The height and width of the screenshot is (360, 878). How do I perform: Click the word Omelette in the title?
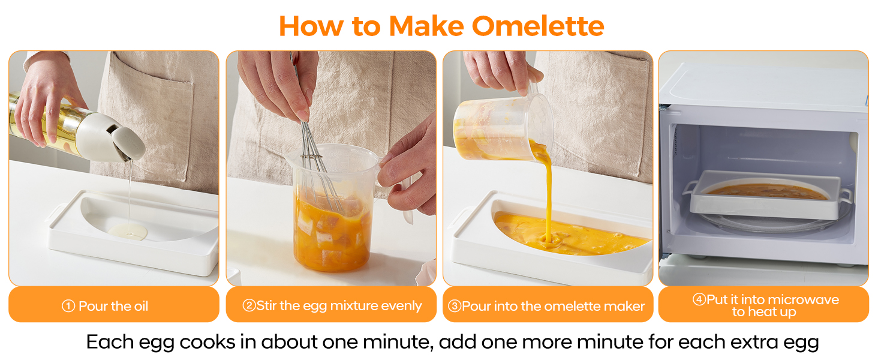tap(538, 26)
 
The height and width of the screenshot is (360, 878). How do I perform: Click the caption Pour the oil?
tap(113, 306)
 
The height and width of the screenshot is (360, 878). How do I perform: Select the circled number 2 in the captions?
tap(249, 306)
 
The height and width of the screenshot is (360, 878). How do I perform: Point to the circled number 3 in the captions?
tap(455, 306)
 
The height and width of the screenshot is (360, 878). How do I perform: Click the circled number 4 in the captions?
tap(699, 299)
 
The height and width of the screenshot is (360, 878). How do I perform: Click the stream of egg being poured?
tap(547, 192)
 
